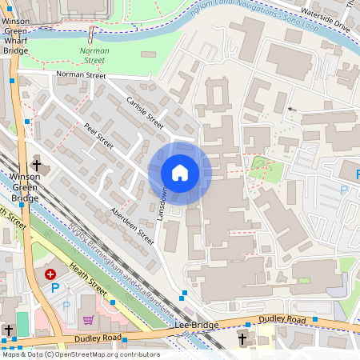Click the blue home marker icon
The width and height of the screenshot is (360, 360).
pyautogui.click(x=180, y=173)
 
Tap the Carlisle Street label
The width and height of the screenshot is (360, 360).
pyautogui.click(x=145, y=113)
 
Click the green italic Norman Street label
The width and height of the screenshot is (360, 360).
pyautogui.click(x=94, y=54)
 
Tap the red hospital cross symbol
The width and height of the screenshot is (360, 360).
pyautogui.click(x=51, y=274)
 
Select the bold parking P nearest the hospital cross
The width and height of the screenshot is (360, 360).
pyautogui.click(x=55, y=287)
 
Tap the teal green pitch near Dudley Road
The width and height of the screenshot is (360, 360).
pyautogui.click(x=22, y=325)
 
